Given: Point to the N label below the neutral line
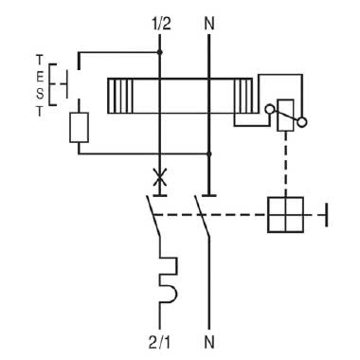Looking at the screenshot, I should (x=208, y=338).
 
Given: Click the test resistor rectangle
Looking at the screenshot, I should (x=80, y=127).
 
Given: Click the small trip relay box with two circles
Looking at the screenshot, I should (x=283, y=120).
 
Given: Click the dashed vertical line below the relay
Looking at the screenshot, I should (x=283, y=166).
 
